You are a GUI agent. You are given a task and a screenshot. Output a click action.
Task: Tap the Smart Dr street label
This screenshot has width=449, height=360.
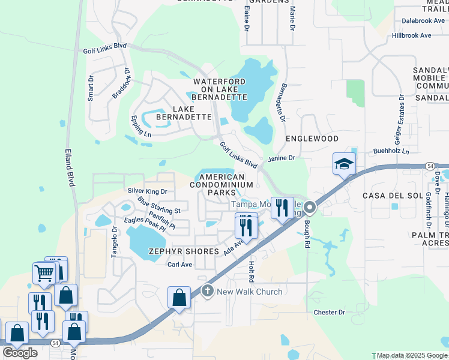[x=91, y=88]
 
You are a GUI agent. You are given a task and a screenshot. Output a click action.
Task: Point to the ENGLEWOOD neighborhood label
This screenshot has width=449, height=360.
[x=312, y=139]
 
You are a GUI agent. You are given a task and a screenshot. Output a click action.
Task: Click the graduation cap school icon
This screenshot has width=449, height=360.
[x=345, y=164]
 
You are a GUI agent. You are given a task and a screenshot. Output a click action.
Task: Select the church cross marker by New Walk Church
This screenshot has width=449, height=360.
[x=208, y=292]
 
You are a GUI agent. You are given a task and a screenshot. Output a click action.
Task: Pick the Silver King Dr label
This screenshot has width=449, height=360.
[x=147, y=191]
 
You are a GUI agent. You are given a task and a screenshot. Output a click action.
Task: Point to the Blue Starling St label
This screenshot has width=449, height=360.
[x=158, y=205]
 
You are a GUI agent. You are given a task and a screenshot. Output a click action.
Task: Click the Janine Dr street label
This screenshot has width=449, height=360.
[x=282, y=158]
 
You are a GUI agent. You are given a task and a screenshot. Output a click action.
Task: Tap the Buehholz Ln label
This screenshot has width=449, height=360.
[x=391, y=151]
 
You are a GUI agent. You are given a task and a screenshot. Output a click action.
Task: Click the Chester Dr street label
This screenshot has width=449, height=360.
[x=330, y=312]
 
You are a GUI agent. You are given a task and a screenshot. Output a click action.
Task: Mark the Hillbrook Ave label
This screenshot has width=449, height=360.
[x=411, y=35]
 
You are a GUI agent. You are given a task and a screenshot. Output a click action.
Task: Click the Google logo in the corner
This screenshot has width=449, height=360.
[x=20, y=352]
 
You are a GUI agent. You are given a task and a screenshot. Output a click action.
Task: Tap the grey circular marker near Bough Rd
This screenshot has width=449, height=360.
[x=310, y=208]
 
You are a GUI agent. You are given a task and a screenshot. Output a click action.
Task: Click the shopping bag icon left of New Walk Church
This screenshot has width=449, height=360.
[x=179, y=297]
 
